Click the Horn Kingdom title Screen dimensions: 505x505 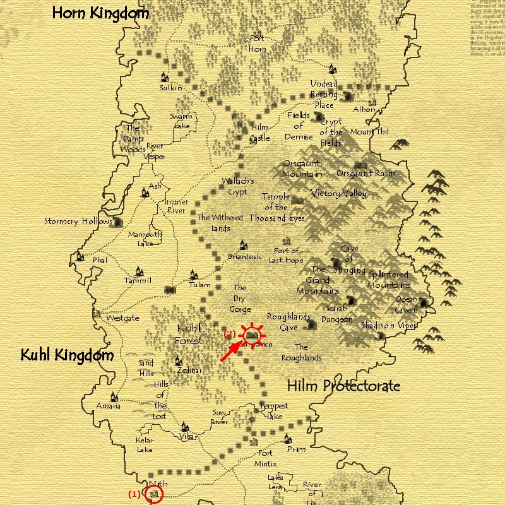coord(100,13)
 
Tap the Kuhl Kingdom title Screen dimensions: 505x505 coord(67,355)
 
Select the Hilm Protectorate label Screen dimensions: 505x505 coord(343,386)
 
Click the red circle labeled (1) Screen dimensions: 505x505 coord(153,494)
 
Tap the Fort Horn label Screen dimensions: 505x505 coord(257,44)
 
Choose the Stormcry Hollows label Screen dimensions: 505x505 coord(69,222)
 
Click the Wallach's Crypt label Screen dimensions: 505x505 coord(237,186)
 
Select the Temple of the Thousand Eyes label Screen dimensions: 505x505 coord(276,207)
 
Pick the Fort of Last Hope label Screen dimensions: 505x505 coord(286,256)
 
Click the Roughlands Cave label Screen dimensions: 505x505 coord(288,322)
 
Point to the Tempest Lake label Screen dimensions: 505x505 coord(273,411)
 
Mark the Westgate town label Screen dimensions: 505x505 coord(122,318)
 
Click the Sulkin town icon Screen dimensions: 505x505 coord(165,77)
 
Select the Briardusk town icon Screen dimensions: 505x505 coord(242,246)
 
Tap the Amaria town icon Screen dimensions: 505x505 coord(114,397)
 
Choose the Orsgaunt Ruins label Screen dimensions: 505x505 coord(366,173)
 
